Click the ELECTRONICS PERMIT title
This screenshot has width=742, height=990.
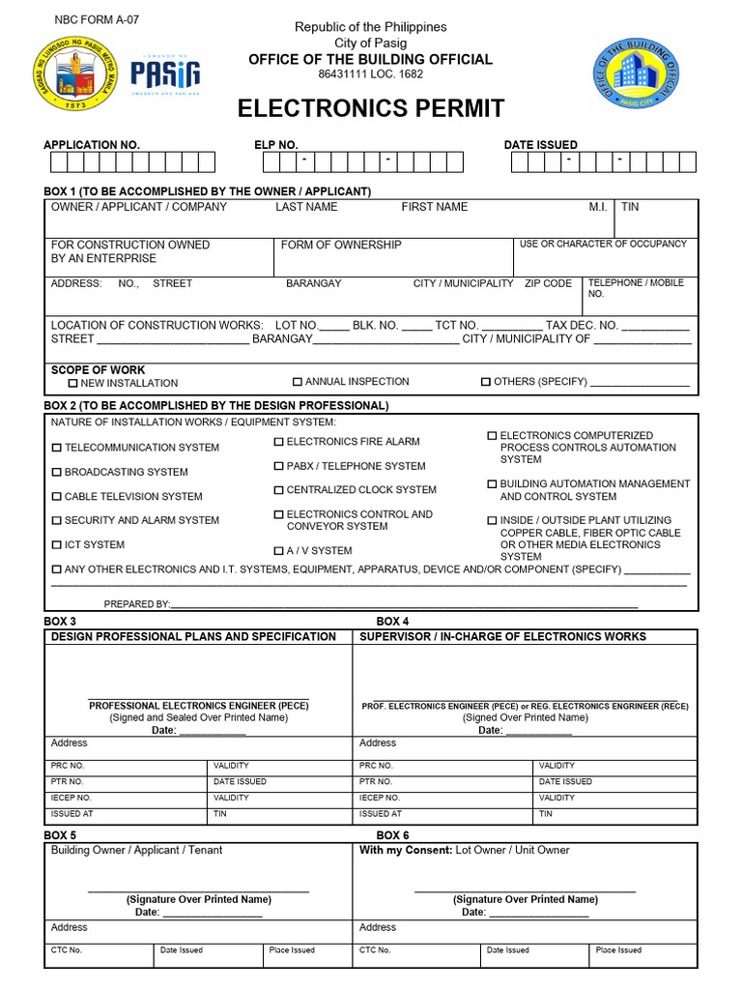[x=371, y=108]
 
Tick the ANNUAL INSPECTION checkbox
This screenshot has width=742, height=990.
[x=298, y=382]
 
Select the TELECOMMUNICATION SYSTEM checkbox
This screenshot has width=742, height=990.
[x=56, y=448]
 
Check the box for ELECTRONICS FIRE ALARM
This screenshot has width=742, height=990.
[x=278, y=442]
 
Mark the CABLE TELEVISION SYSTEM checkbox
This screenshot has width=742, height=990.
[x=56, y=497]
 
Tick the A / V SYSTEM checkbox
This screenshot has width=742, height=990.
[x=278, y=551]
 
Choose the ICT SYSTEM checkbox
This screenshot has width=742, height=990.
[x=56, y=545]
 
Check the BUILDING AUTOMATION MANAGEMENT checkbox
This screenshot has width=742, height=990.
[x=492, y=484]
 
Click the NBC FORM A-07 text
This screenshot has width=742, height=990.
[x=90, y=19]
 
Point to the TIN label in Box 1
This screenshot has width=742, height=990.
[x=630, y=207]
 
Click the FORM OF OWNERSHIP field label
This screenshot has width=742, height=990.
[x=341, y=246]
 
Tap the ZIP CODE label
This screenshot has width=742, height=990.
[x=548, y=283]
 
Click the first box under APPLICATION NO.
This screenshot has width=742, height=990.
[x=60, y=162]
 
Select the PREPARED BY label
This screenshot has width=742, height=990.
[x=136, y=604]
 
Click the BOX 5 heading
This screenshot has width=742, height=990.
[x=60, y=835]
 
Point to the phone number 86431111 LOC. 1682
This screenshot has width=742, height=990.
[x=371, y=74]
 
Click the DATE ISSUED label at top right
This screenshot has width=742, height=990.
[x=540, y=145]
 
